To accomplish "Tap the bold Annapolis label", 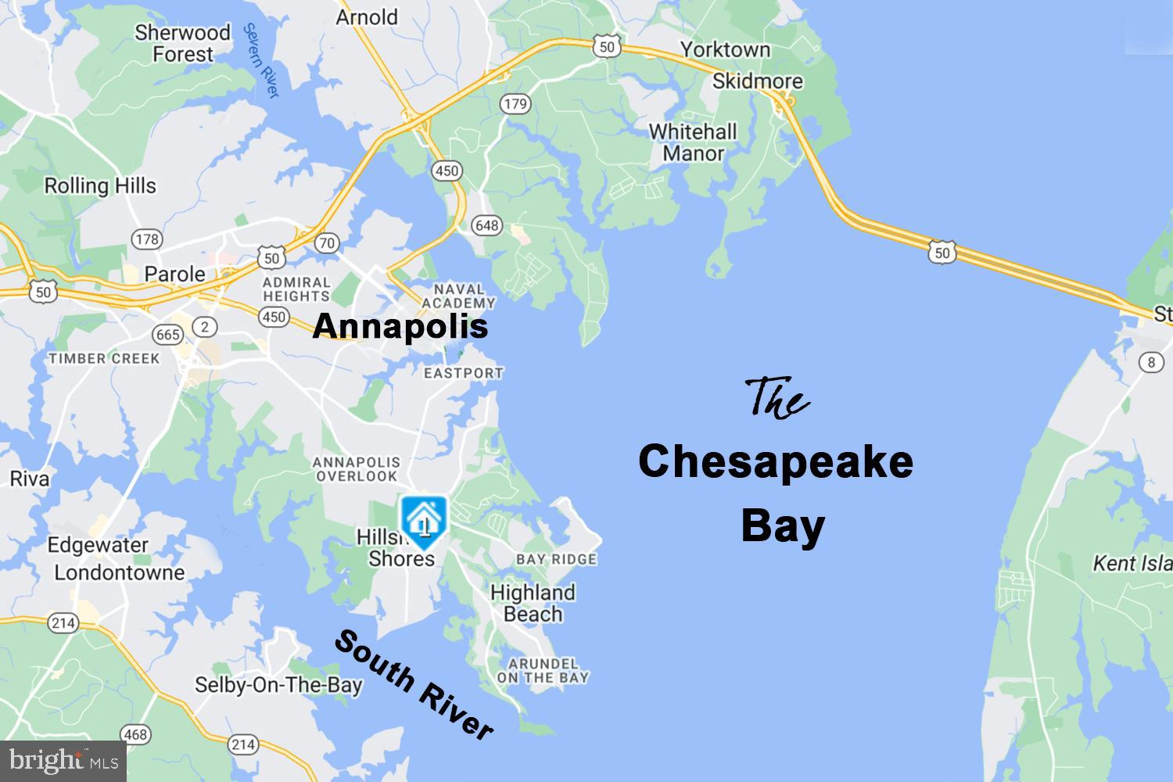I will point(400,326).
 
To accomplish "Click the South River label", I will point(414,684).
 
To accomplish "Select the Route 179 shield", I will point(515,103).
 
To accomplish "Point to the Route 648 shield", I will point(486,225).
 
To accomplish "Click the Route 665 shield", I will point(168,335).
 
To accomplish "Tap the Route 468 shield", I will point(135,734).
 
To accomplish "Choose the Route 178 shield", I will point(147,239).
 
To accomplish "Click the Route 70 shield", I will point(327,242).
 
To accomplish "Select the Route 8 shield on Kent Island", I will point(1150,361).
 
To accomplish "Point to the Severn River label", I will point(261,60).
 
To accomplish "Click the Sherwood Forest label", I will point(183,43).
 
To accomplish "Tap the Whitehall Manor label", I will point(693,142).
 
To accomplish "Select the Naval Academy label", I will point(459,296).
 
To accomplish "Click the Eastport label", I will point(463,373).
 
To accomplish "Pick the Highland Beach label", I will point(533,603).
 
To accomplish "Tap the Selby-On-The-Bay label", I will point(278,685).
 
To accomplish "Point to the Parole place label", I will point(175,274).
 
